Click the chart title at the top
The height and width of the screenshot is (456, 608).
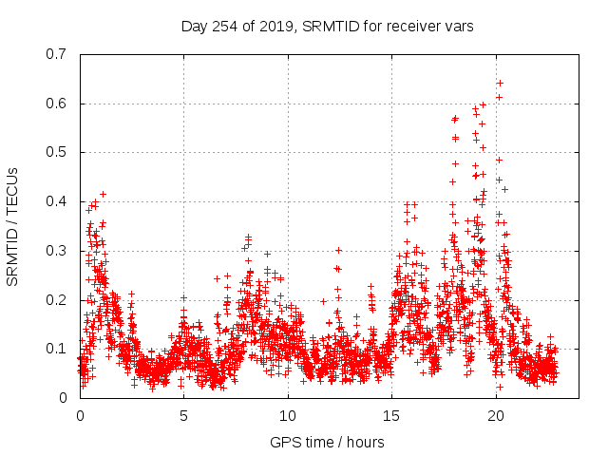(x=328, y=26)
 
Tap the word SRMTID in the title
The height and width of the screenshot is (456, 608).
(x=328, y=26)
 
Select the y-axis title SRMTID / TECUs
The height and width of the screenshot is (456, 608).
(x=12, y=226)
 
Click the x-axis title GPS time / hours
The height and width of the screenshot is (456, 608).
(x=327, y=442)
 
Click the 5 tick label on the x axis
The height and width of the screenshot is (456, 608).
(x=183, y=415)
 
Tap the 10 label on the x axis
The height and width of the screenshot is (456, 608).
(x=288, y=415)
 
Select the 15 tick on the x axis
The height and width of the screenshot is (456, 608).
(x=391, y=415)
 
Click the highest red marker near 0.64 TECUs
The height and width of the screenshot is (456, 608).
(x=500, y=83)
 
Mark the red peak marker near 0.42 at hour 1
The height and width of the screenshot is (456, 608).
(x=103, y=194)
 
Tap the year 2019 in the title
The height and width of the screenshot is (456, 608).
(x=276, y=26)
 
